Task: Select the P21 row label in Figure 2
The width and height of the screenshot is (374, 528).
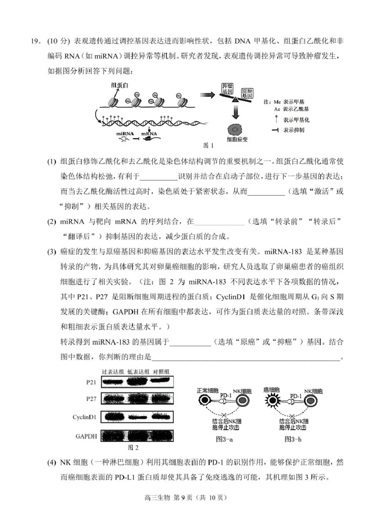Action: pyautogui.click(x=91, y=382)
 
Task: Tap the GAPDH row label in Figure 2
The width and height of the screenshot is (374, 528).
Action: pyautogui.click(x=86, y=436)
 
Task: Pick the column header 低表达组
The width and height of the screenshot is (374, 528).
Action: pyautogui.click(x=139, y=371)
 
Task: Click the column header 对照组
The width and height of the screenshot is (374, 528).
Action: pyautogui.click(x=161, y=371)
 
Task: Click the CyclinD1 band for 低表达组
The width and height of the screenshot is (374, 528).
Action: pyautogui.click(x=139, y=416)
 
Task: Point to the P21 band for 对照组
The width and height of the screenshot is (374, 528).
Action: pyautogui.click(x=161, y=382)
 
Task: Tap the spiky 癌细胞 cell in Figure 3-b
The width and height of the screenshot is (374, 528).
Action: pyautogui.click(x=272, y=400)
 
